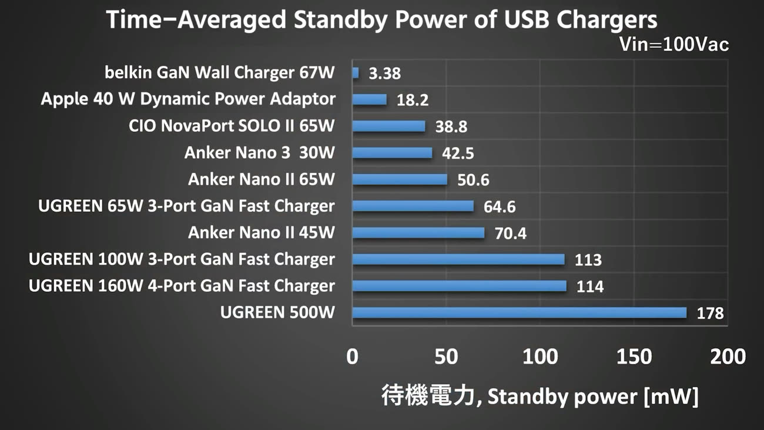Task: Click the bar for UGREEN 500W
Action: (520, 312)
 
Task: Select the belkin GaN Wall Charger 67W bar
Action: (356, 73)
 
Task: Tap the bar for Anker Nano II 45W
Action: (418, 233)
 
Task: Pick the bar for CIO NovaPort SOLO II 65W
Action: (388, 126)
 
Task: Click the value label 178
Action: (710, 313)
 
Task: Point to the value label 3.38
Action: (385, 74)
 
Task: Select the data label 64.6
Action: (500, 206)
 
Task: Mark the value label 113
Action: (588, 260)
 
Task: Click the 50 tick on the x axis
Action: (446, 356)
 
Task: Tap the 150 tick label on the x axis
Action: (634, 356)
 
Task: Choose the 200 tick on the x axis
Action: (728, 356)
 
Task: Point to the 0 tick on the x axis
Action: (353, 356)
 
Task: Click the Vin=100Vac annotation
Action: (674, 45)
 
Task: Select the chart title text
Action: (382, 20)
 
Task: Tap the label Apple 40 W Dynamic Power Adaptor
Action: (188, 99)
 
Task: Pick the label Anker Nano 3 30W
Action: (259, 152)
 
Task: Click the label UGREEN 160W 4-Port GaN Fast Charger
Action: (182, 286)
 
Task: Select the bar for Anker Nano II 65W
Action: (400, 179)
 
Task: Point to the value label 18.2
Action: (413, 100)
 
